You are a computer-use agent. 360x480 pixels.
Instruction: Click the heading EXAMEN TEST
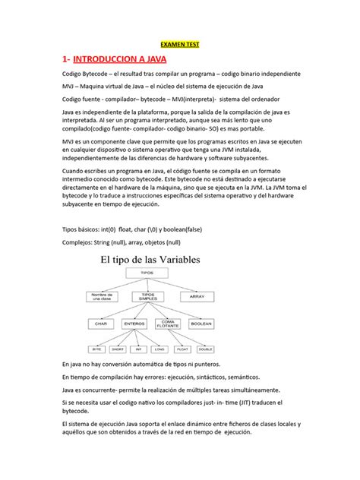(179, 45)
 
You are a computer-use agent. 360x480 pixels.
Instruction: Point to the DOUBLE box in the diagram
(204, 349)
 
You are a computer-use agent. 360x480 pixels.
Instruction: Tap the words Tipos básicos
(82, 229)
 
